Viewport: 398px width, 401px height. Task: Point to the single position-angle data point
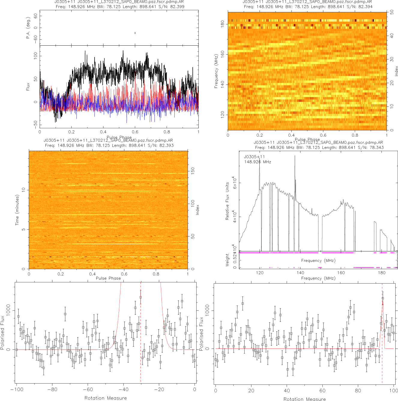click(x=135, y=33)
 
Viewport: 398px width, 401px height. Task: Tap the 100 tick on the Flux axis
click(x=36, y=56)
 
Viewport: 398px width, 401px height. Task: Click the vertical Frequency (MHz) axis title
click(x=216, y=71)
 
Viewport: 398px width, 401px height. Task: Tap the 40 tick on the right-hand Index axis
click(x=392, y=35)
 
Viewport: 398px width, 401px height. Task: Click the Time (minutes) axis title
click(x=17, y=210)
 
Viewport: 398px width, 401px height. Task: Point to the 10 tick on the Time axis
click(x=23, y=190)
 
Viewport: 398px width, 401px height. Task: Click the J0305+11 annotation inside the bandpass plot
click(x=254, y=157)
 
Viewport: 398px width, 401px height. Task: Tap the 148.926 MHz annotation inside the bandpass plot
click(x=258, y=162)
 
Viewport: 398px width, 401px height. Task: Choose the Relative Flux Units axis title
click(x=227, y=201)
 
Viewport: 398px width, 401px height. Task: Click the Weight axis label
click(x=227, y=260)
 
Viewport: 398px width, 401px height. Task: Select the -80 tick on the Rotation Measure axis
click(x=52, y=390)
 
